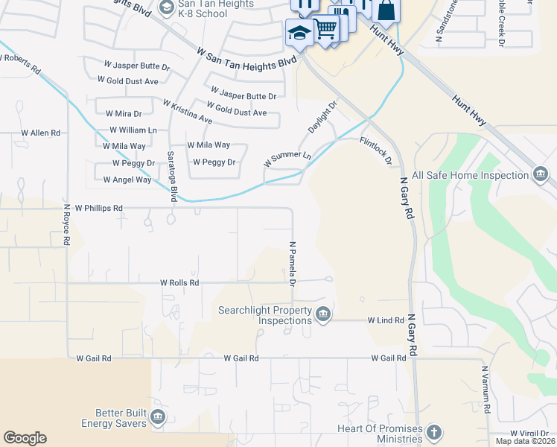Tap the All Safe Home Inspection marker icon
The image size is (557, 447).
(x=541, y=175)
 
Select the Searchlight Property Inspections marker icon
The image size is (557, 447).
(x=322, y=314)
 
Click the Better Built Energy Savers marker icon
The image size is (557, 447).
(x=157, y=416)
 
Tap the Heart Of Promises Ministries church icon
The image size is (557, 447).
(x=434, y=432)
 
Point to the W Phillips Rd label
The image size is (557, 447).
(x=93, y=208)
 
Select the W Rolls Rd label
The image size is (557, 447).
(x=179, y=283)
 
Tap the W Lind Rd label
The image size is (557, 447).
(x=385, y=320)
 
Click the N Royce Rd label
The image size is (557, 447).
(x=66, y=226)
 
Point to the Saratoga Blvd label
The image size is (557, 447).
(x=171, y=176)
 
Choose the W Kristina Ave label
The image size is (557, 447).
(x=188, y=112)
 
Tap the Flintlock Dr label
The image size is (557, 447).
(x=375, y=150)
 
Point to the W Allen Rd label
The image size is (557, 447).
(x=40, y=133)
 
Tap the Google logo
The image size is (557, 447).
(x=25, y=438)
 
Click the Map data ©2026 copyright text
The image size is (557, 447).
(x=525, y=441)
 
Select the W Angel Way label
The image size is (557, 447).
(x=127, y=180)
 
